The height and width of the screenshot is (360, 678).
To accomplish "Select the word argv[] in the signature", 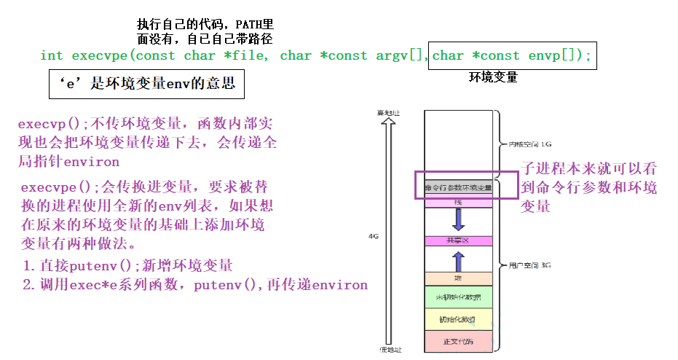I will click(399, 55).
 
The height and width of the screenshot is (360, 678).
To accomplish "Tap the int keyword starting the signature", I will click(51, 55).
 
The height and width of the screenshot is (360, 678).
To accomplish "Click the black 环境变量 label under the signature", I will click(493, 77).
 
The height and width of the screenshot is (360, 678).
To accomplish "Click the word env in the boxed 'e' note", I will click(178, 84).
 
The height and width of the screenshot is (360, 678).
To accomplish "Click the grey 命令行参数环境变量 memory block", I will click(458, 187).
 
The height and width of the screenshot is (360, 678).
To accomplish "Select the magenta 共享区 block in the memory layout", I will click(458, 240).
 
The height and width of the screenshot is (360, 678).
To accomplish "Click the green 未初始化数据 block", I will click(458, 297).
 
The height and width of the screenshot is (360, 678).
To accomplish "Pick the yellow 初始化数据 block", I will click(458, 319).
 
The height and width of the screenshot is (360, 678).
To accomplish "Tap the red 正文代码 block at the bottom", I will click(458, 341).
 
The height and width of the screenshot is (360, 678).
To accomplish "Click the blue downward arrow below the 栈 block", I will click(458, 219).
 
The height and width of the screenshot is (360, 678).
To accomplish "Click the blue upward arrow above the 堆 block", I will click(458, 259).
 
